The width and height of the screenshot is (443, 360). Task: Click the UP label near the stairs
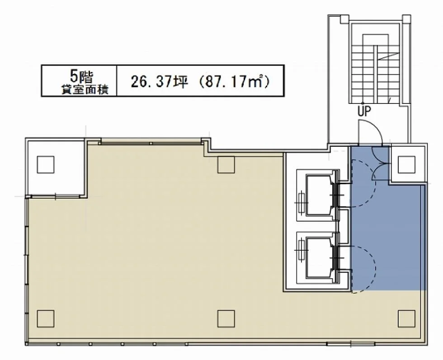[364, 111]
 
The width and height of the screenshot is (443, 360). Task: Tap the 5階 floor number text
[82, 76]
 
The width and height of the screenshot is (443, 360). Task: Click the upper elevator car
[320, 195]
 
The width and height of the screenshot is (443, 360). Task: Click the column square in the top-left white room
[46, 164]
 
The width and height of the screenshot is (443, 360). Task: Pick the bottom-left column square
[46, 318]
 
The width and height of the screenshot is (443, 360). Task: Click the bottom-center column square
[226, 318]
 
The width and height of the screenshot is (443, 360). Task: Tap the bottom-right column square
[406, 318]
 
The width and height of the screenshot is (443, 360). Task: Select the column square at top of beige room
[226, 164]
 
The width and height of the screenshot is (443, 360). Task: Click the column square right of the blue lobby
[406, 164]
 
